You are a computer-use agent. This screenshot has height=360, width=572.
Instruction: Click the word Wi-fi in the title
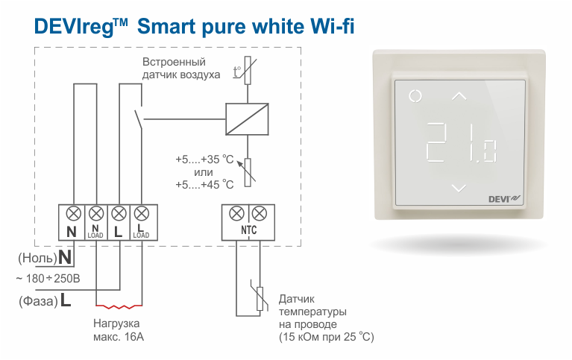(332, 26)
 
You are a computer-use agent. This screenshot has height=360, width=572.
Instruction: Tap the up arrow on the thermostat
(459, 96)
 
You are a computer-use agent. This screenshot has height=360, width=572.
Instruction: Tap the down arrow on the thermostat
(459, 189)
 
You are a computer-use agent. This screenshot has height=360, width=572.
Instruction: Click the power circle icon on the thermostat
(415, 96)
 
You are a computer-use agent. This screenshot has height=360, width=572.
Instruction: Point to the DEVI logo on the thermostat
(505, 199)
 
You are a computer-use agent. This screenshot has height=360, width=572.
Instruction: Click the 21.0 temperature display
(461, 142)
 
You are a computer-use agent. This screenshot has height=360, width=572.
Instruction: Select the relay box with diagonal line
(247, 119)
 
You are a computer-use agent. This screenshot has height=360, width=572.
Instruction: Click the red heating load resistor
(119, 306)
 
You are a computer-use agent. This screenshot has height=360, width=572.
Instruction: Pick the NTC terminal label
(248, 230)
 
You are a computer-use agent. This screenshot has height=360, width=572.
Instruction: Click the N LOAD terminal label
(95, 232)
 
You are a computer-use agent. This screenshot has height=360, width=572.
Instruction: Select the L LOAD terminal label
(141, 232)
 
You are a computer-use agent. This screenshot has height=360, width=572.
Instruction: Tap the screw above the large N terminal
(73, 213)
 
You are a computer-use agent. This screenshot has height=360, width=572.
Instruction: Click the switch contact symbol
(138, 118)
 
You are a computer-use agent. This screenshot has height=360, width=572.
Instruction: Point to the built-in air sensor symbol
(246, 70)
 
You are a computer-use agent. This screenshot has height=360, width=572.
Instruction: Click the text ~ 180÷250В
(48, 279)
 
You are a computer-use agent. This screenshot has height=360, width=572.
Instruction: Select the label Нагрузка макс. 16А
(118, 329)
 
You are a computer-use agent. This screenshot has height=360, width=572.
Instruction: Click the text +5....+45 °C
(204, 185)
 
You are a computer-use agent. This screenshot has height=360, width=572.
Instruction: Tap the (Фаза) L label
(45, 300)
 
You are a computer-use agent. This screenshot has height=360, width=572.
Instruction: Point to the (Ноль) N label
(45, 257)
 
